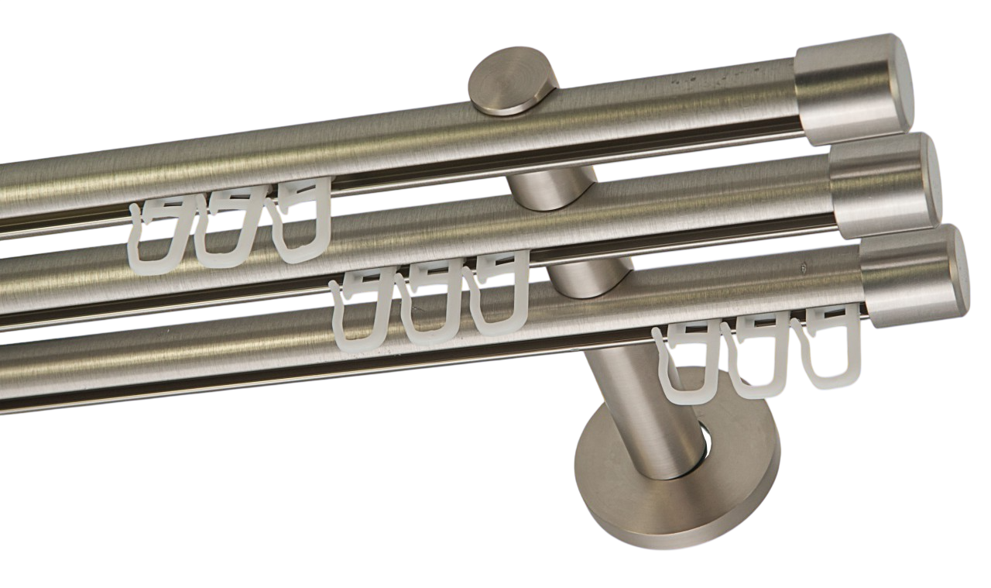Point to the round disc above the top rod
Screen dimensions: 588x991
click(513, 82)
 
